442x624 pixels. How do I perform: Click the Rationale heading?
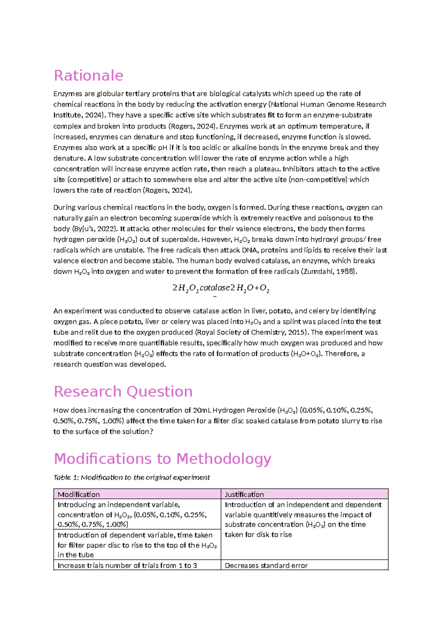[88, 75]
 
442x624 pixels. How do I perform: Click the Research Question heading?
[123, 391]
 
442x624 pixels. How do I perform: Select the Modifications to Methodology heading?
[162, 459]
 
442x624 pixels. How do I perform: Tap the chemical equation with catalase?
[221, 288]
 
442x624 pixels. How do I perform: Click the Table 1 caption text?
[131, 478]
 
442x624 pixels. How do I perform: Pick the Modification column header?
[79, 494]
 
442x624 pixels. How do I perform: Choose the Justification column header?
[244, 494]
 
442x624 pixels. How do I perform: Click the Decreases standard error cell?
[266, 565]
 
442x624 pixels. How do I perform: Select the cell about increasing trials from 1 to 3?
[127, 565]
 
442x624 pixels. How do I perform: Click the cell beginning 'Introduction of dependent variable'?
[136, 545]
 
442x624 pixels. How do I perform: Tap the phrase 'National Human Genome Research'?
[329, 104]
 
